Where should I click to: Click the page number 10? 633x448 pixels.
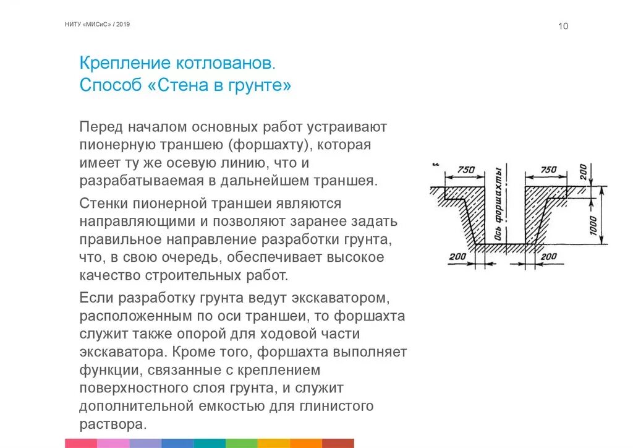(563, 26)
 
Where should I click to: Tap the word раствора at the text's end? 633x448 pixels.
(113, 424)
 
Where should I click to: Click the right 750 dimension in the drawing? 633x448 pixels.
(548, 170)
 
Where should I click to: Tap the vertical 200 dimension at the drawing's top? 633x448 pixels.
(583, 171)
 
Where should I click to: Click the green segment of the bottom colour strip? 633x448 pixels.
(242, 443)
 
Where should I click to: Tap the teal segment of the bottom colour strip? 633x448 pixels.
(210, 443)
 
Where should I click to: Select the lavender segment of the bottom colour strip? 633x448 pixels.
(145, 443)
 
